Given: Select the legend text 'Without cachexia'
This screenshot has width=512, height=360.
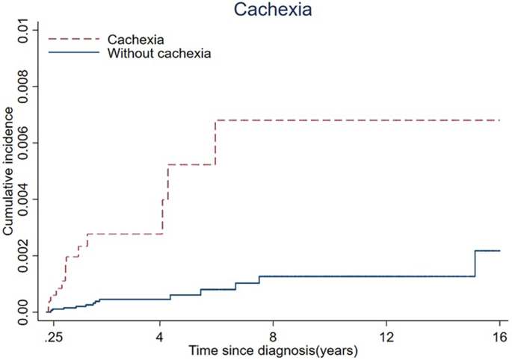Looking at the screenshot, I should (158, 53).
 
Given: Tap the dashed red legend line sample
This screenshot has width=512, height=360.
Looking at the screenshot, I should (73, 37).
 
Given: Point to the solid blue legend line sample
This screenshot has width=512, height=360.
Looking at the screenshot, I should (73, 53).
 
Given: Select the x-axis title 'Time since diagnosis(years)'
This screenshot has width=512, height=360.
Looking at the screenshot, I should (273, 349).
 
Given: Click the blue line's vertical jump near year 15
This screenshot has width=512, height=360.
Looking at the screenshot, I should (475, 264).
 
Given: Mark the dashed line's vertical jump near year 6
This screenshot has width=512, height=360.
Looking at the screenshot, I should (215, 143).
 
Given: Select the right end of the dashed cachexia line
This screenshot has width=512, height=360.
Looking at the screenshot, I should (499, 120).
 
